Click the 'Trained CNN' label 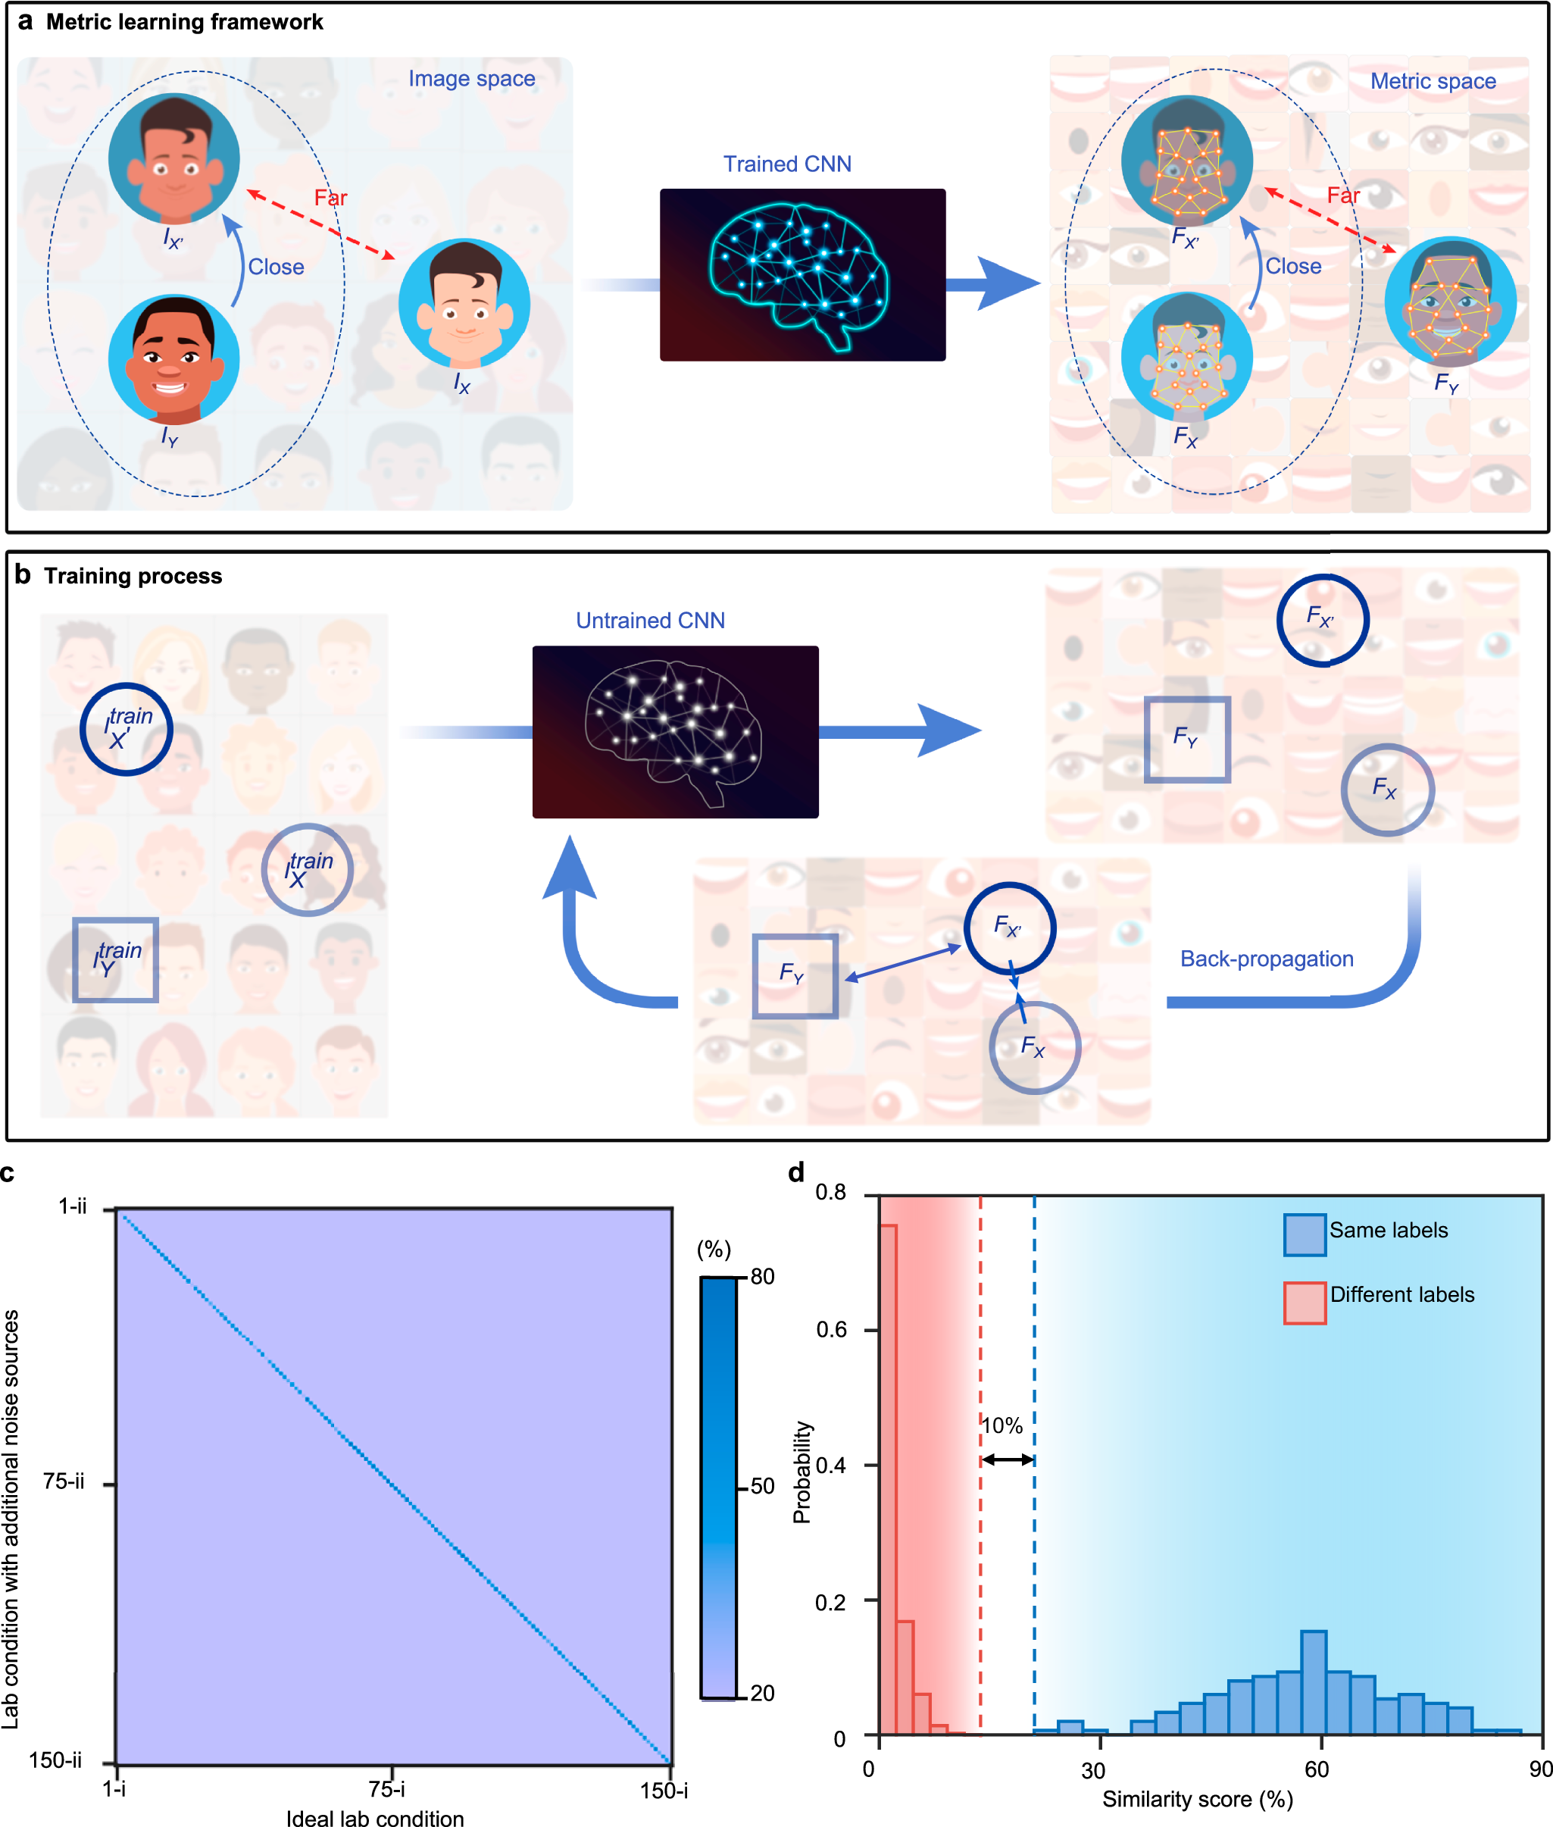tap(787, 164)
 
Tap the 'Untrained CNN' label tap(650, 621)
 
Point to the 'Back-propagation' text tap(1266, 959)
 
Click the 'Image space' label tap(471, 78)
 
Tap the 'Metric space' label tap(1433, 81)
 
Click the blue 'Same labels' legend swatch tap(1304, 1234)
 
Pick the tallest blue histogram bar tap(1313, 1682)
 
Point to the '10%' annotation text tap(1002, 1425)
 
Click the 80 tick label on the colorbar tap(762, 1277)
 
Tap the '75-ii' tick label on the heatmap tap(64, 1482)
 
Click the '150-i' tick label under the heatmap tap(664, 1790)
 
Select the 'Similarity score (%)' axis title tap(1197, 1799)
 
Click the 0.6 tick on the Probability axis tap(831, 1330)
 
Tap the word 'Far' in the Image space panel tap(331, 197)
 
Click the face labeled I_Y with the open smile tap(173, 359)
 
